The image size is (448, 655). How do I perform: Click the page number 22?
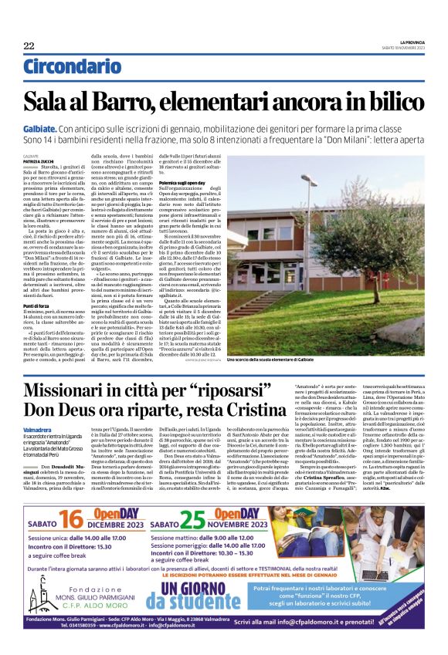[29, 46]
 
